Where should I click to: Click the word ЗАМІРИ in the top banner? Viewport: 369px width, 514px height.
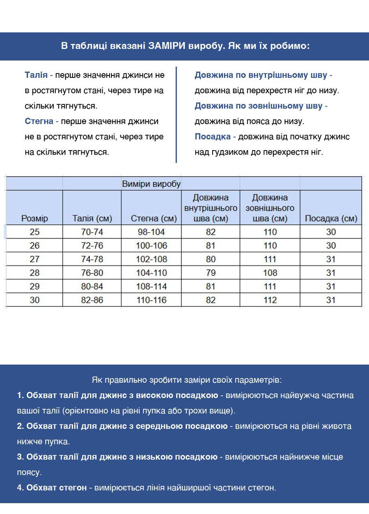tap(166, 46)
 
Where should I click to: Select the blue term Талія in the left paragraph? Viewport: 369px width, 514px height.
tap(36, 75)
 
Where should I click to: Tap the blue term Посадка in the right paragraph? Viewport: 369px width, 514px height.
tap(213, 137)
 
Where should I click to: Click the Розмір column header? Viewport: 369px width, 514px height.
tap(34, 218)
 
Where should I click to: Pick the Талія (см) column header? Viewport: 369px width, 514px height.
tap(92, 218)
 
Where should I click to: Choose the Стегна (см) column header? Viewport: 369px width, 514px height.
tap(154, 218)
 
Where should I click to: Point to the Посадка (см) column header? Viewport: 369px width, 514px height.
tap(331, 218)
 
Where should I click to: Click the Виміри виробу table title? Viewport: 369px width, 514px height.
tap(151, 184)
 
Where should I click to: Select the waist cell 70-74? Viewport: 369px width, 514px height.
tap(92, 232)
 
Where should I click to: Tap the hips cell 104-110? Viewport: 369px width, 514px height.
tap(152, 273)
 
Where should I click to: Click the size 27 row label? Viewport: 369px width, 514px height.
tap(35, 259)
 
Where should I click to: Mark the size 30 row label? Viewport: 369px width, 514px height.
tap(35, 300)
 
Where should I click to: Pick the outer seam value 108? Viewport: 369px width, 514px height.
tap(270, 273)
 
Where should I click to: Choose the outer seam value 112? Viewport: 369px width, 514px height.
tap(270, 300)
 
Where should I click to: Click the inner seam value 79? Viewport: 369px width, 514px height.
tap(211, 273)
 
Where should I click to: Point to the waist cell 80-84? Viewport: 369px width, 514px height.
tap(92, 287)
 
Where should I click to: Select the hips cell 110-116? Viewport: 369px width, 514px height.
tap(152, 300)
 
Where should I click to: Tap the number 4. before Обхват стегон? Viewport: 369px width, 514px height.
tap(20, 487)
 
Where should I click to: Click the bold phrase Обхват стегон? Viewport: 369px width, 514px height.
tap(57, 487)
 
